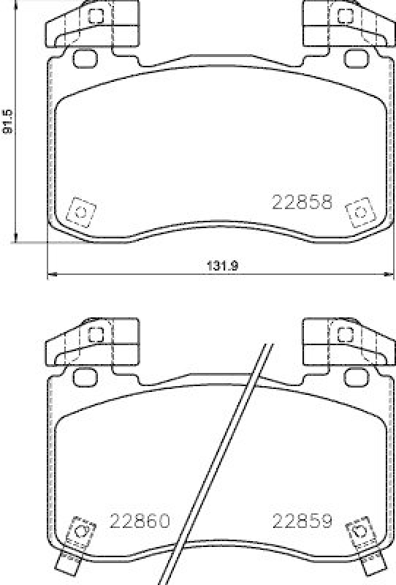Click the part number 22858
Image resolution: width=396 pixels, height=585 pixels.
pos(302,202)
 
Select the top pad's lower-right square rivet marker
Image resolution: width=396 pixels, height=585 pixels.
pos(359,212)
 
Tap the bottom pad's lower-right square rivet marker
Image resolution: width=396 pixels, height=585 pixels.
pos(359,531)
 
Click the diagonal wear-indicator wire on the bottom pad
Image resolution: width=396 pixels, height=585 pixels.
pos(219,461)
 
